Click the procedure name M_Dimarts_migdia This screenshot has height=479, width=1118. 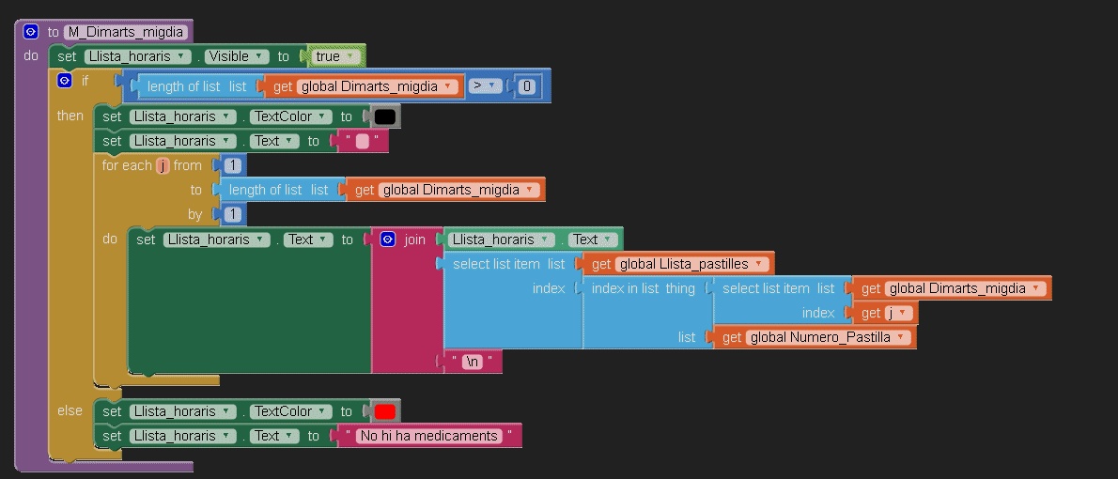point(126,32)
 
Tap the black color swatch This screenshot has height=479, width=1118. point(384,116)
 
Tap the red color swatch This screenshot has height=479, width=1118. point(384,411)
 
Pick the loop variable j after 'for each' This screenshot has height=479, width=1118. point(163,165)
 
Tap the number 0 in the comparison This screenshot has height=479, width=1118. point(527,86)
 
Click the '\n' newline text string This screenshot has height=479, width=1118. point(474,362)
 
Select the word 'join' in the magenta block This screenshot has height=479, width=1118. point(414,239)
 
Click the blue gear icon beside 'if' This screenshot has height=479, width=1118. point(64,81)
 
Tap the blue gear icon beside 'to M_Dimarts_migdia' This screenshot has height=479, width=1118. point(30,32)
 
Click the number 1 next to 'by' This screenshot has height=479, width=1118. point(232,214)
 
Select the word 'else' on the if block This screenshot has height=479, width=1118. point(70,410)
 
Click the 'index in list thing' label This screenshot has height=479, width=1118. point(643,288)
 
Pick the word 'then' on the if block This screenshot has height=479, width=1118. point(70,116)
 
